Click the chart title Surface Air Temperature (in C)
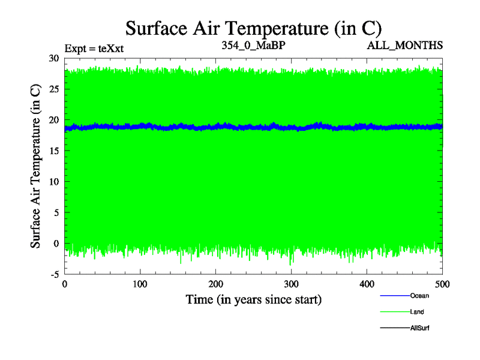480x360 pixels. point(253,28)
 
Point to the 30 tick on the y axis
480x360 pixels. point(53,58)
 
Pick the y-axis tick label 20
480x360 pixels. point(53,120)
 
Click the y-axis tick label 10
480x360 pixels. point(53,182)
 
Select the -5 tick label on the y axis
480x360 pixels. point(54,274)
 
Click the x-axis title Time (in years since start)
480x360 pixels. point(253,299)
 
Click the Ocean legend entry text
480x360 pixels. point(419,295)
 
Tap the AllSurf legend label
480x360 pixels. point(420,328)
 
